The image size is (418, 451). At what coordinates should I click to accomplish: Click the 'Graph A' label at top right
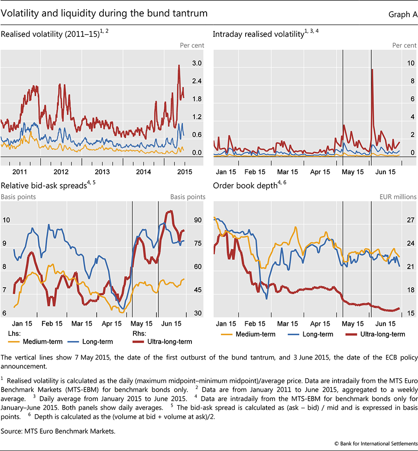[x=402, y=14]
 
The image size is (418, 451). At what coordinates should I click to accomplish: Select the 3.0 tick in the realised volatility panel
[x=197, y=63]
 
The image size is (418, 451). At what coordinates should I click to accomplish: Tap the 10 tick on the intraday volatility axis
[x=410, y=63]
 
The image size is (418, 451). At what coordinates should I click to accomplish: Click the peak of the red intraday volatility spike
[x=372, y=69]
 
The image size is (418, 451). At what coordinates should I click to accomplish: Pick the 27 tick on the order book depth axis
[x=410, y=220]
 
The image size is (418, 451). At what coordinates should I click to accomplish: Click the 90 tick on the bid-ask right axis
[x=197, y=220]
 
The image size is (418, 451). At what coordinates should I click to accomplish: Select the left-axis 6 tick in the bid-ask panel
[x=5, y=313]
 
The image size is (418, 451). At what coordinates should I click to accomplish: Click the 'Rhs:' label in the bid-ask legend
[x=139, y=334]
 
